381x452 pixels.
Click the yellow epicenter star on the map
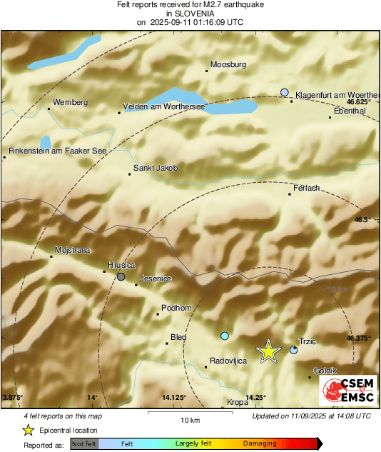point(268,351)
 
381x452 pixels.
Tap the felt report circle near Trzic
point(294,350)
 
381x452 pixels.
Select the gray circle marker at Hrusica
point(121,276)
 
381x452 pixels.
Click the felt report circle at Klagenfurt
point(285,92)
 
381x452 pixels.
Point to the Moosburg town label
point(228,65)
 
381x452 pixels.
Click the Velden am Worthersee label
point(164,106)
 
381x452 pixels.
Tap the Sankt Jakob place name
point(155,169)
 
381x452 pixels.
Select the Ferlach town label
point(306,189)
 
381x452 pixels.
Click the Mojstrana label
point(73,251)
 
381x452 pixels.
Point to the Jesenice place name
point(156,278)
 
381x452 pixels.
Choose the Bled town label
point(178,338)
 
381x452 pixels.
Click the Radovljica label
point(228,361)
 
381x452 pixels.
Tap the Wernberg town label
point(70,103)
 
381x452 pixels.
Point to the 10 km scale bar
point(189,412)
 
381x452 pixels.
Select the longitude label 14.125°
point(173,397)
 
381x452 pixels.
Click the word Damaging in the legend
point(260,443)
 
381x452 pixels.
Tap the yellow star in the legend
point(29,430)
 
